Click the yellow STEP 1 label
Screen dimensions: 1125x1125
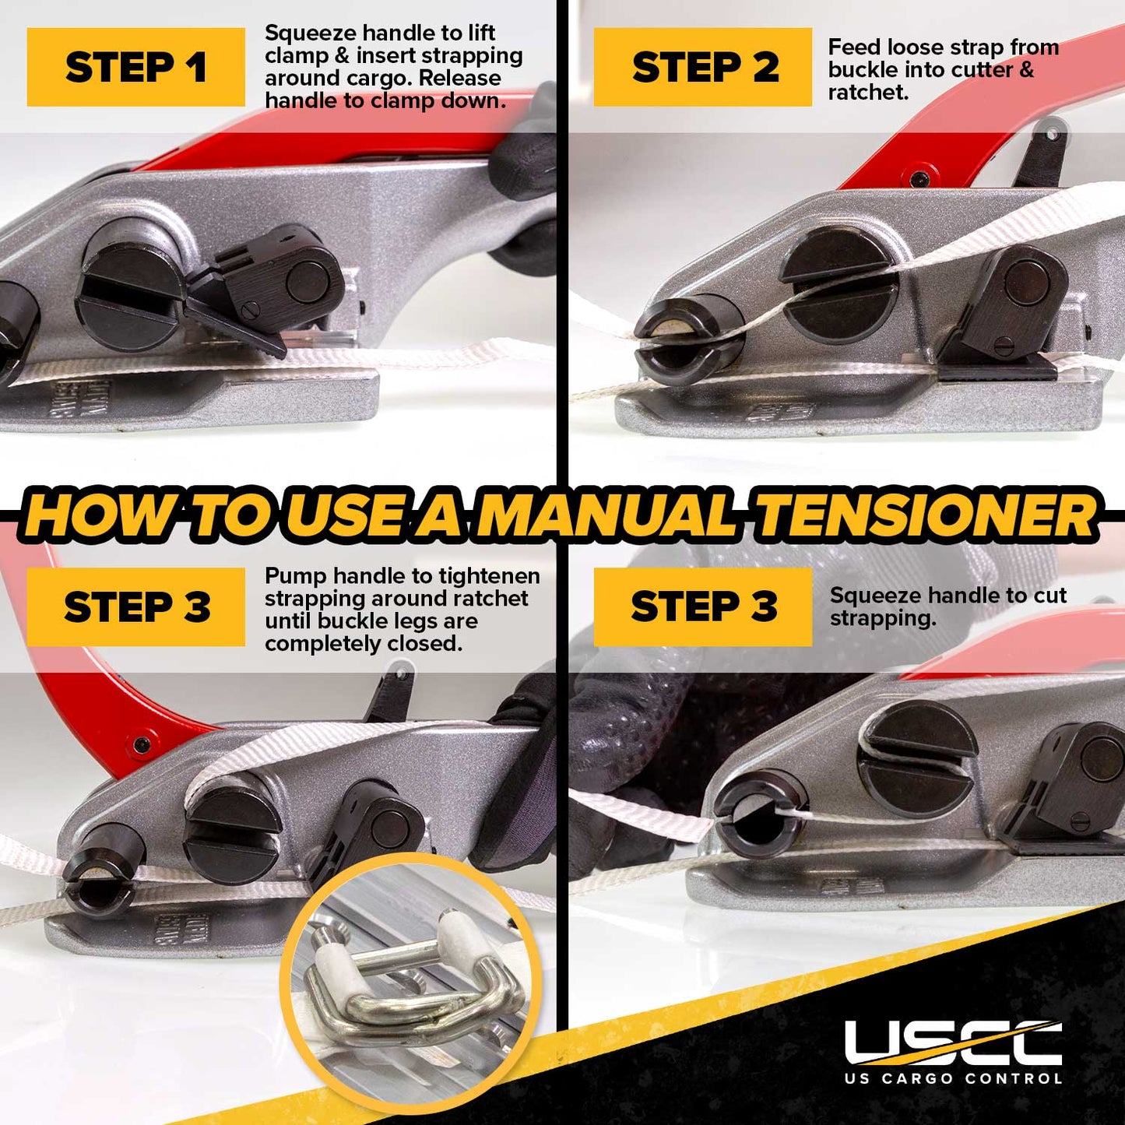[x=135, y=67]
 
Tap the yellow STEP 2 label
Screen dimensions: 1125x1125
[x=703, y=67]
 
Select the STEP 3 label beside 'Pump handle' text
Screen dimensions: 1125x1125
[x=135, y=606]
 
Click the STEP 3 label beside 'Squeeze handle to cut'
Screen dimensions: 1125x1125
[x=703, y=606]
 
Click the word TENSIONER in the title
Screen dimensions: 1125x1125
[x=926, y=515]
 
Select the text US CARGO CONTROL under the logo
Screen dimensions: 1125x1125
[x=953, y=1078]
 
